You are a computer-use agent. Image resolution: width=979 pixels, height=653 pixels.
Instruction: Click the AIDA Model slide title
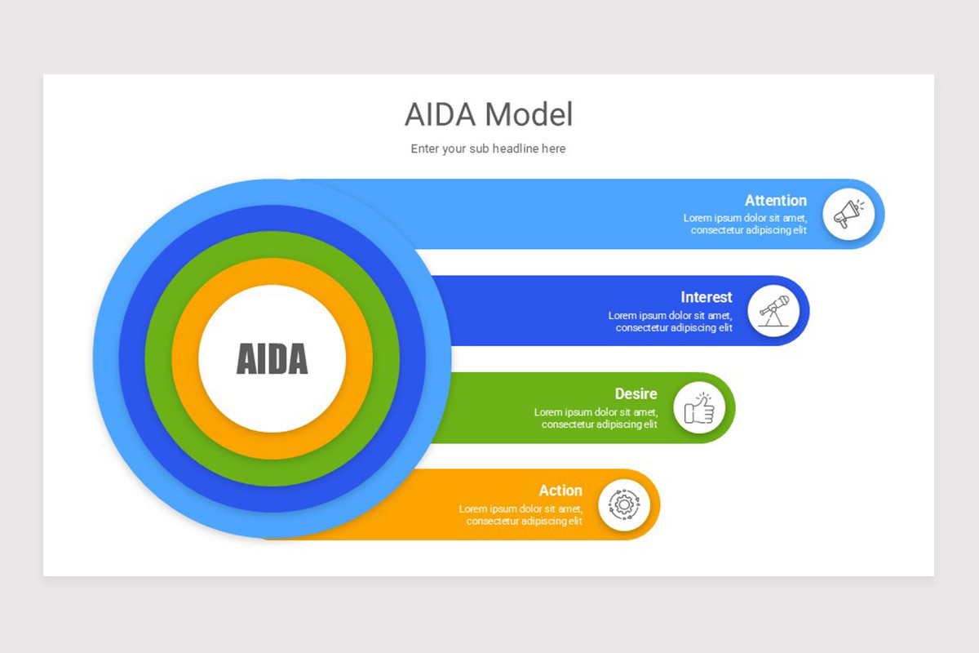coord(488,115)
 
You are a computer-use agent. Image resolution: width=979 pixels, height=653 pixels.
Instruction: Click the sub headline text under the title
coord(488,149)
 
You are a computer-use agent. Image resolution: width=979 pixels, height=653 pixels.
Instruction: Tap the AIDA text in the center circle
coord(272,359)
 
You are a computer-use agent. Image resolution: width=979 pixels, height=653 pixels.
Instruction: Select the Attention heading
coord(775,201)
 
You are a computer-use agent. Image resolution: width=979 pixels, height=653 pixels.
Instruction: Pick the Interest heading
coord(707,297)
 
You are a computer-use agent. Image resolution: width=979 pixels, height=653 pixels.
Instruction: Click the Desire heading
coord(636,394)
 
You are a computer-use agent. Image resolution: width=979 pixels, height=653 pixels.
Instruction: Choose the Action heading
coord(560,491)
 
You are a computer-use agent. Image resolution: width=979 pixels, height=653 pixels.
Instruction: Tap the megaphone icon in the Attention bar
coord(848,215)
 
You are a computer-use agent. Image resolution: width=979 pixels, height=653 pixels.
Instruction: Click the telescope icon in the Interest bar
coord(773,311)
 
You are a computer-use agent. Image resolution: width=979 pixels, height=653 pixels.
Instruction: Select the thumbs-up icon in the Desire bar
coord(699,408)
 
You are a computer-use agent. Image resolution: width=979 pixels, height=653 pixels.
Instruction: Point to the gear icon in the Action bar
coord(624,504)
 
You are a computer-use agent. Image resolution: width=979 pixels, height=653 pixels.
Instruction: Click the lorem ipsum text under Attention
coord(746,224)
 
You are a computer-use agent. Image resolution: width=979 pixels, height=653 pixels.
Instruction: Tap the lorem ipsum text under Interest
coord(671,322)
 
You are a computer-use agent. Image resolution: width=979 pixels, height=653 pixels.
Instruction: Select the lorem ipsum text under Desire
coord(596,419)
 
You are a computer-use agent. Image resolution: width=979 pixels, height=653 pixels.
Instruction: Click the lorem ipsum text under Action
coord(521,515)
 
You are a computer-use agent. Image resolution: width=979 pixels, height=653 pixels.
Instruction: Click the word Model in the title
coord(529,115)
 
